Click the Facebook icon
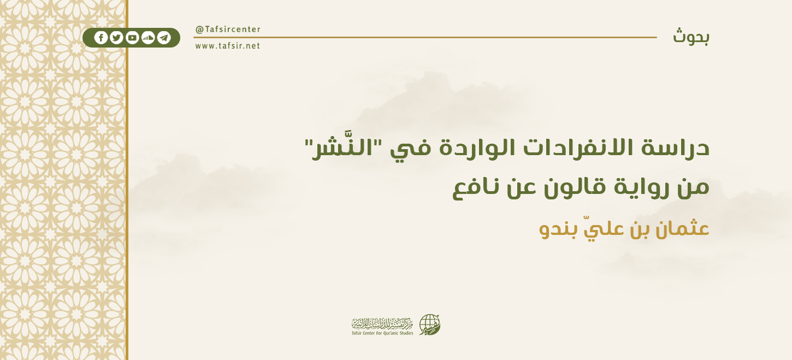(101, 38)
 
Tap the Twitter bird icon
(116, 38)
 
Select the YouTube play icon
(132, 38)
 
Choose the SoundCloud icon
(148, 38)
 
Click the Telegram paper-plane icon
(164, 38)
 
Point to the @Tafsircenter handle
(228, 29)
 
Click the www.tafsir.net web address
(228, 46)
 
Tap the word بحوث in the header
(691, 37)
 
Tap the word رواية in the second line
(628, 188)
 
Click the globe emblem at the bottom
(429, 324)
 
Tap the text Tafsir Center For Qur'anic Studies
(382, 333)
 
